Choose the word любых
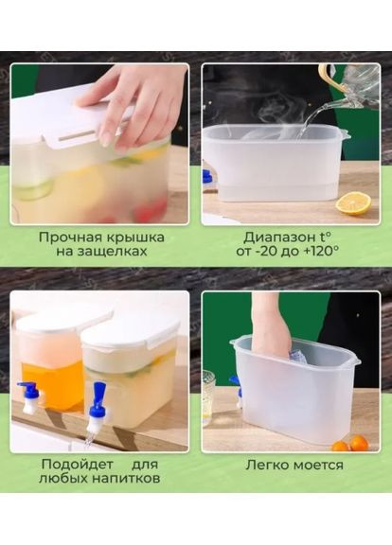[x=65, y=480]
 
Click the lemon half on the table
[x=353, y=203]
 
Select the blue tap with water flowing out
[x=97, y=401]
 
